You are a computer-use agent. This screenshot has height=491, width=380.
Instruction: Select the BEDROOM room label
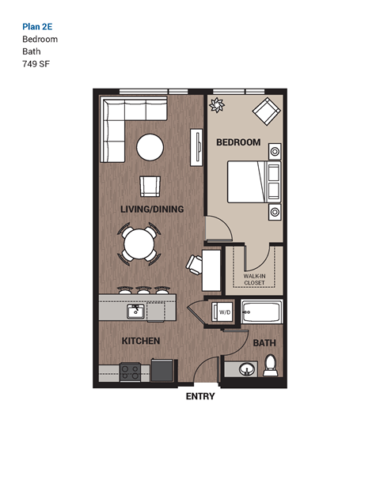(x=238, y=142)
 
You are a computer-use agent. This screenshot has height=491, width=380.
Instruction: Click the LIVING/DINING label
(x=152, y=210)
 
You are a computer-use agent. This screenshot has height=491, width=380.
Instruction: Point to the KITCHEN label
(x=141, y=341)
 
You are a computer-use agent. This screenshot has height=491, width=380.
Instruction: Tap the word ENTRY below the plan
(x=199, y=397)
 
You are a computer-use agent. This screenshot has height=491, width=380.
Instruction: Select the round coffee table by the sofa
(x=150, y=146)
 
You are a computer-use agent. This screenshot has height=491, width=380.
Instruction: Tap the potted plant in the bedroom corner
(x=216, y=104)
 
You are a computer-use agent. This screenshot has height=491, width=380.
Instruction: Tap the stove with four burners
(x=130, y=371)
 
